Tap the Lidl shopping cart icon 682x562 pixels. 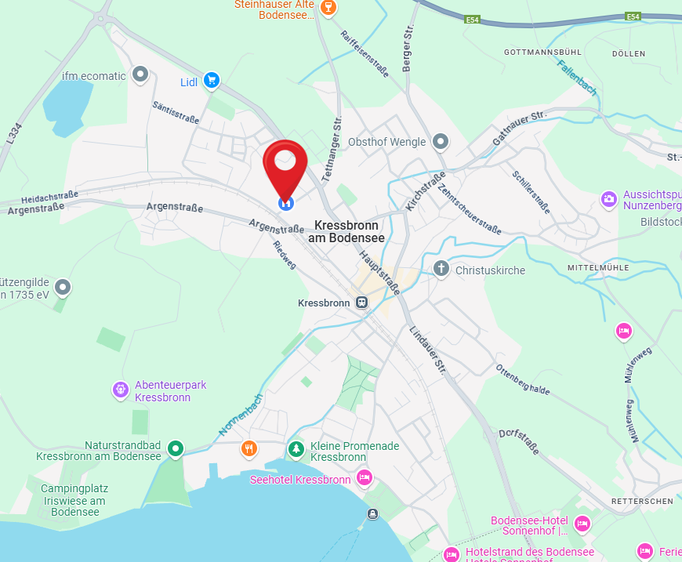pos(210,80)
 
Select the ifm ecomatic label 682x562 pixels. pos(94,76)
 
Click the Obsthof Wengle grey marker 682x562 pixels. pos(441,142)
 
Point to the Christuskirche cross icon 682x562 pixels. pos(441,270)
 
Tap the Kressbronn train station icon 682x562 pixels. pos(361,303)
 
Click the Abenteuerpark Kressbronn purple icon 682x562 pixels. pos(120,388)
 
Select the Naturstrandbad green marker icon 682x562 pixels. pos(176,449)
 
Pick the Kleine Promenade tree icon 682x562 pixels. pos(296,449)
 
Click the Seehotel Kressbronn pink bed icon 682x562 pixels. pos(364,477)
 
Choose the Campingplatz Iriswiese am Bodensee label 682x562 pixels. pos(74,499)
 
